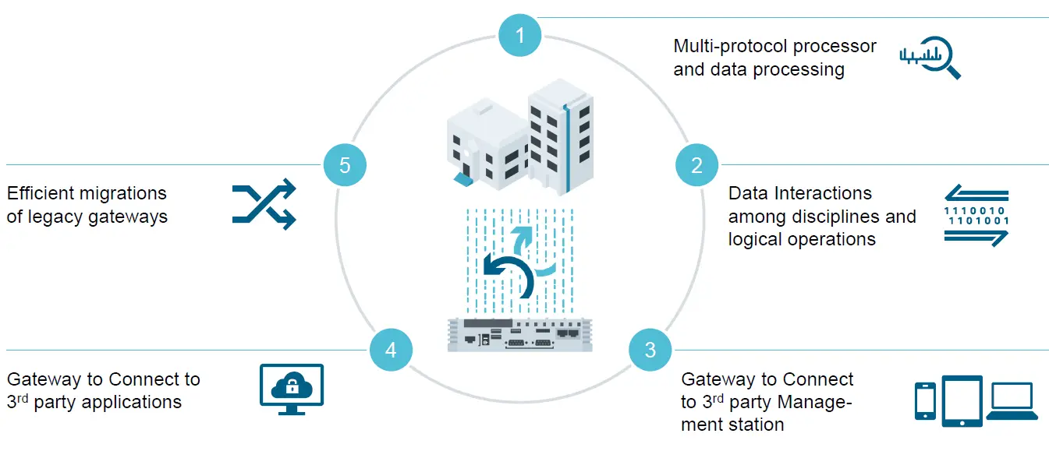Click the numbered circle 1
(x=520, y=34)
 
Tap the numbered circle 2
(x=696, y=164)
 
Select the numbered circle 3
(x=650, y=350)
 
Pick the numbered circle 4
(x=391, y=350)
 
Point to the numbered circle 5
(x=345, y=164)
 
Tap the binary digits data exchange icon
(x=976, y=216)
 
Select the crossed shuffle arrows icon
(x=264, y=204)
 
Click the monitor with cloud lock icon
(x=291, y=388)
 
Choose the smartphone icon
(x=925, y=400)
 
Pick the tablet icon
(x=962, y=400)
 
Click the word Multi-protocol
(x=724, y=46)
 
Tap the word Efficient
(x=38, y=192)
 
